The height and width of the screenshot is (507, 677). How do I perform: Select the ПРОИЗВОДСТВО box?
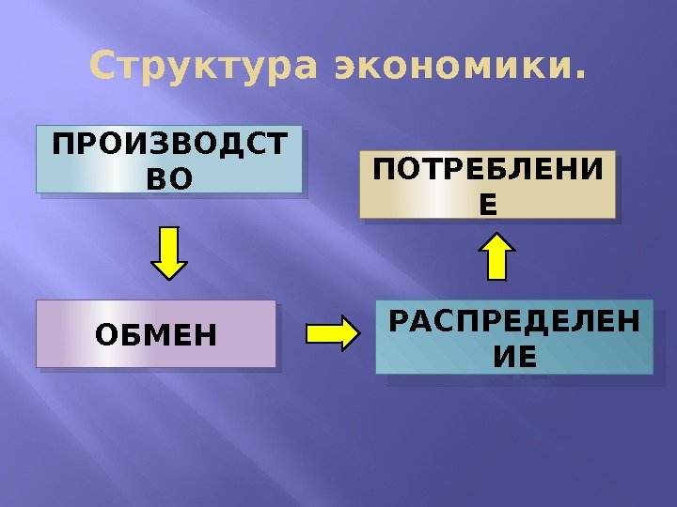169,159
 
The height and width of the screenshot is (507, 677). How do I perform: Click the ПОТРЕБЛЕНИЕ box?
487,184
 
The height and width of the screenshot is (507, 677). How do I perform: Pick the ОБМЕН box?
156,333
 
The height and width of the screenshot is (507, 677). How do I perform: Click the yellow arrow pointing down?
170,252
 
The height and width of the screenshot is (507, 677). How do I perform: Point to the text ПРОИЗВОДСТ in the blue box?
169,146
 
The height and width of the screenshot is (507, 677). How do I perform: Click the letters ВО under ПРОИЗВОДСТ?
169,176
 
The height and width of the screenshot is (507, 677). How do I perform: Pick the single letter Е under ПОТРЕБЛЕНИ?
487,203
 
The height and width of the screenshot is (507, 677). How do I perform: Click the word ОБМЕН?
156,333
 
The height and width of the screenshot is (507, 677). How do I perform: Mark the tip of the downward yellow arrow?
170,277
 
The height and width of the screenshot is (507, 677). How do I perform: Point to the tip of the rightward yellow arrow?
357,331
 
